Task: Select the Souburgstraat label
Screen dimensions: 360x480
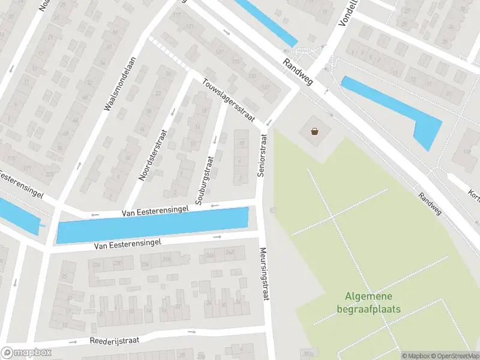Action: click(204, 178)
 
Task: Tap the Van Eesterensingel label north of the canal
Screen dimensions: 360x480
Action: click(155, 210)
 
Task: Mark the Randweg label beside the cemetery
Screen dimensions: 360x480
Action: click(429, 205)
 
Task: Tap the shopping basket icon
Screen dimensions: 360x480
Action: click(314, 131)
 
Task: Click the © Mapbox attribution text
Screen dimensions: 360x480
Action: click(415, 356)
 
